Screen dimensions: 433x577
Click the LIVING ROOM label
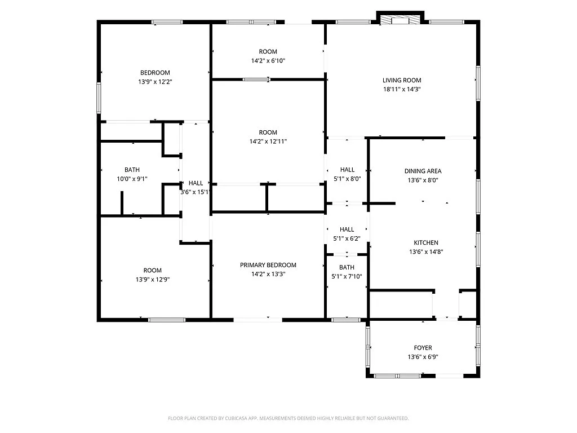(x=402, y=80)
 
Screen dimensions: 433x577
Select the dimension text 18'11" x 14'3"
(x=402, y=89)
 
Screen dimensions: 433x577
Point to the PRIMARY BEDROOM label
(x=268, y=265)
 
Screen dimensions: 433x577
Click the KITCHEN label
(x=426, y=243)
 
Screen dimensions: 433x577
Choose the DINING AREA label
(x=423, y=171)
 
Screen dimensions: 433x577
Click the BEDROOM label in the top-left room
(x=155, y=72)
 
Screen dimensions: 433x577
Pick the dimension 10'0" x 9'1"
(x=132, y=179)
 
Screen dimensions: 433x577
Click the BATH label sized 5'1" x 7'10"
(x=347, y=267)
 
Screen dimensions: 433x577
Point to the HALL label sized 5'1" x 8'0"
(x=347, y=170)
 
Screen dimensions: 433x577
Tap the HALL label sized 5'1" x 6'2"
(x=347, y=229)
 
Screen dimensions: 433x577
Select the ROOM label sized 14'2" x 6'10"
(x=268, y=51)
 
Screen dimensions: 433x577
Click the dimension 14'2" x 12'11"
(x=268, y=142)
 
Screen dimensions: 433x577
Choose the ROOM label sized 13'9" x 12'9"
(x=152, y=270)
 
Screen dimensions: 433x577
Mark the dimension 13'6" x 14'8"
(x=426, y=252)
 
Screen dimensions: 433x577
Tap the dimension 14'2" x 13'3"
(x=268, y=274)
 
